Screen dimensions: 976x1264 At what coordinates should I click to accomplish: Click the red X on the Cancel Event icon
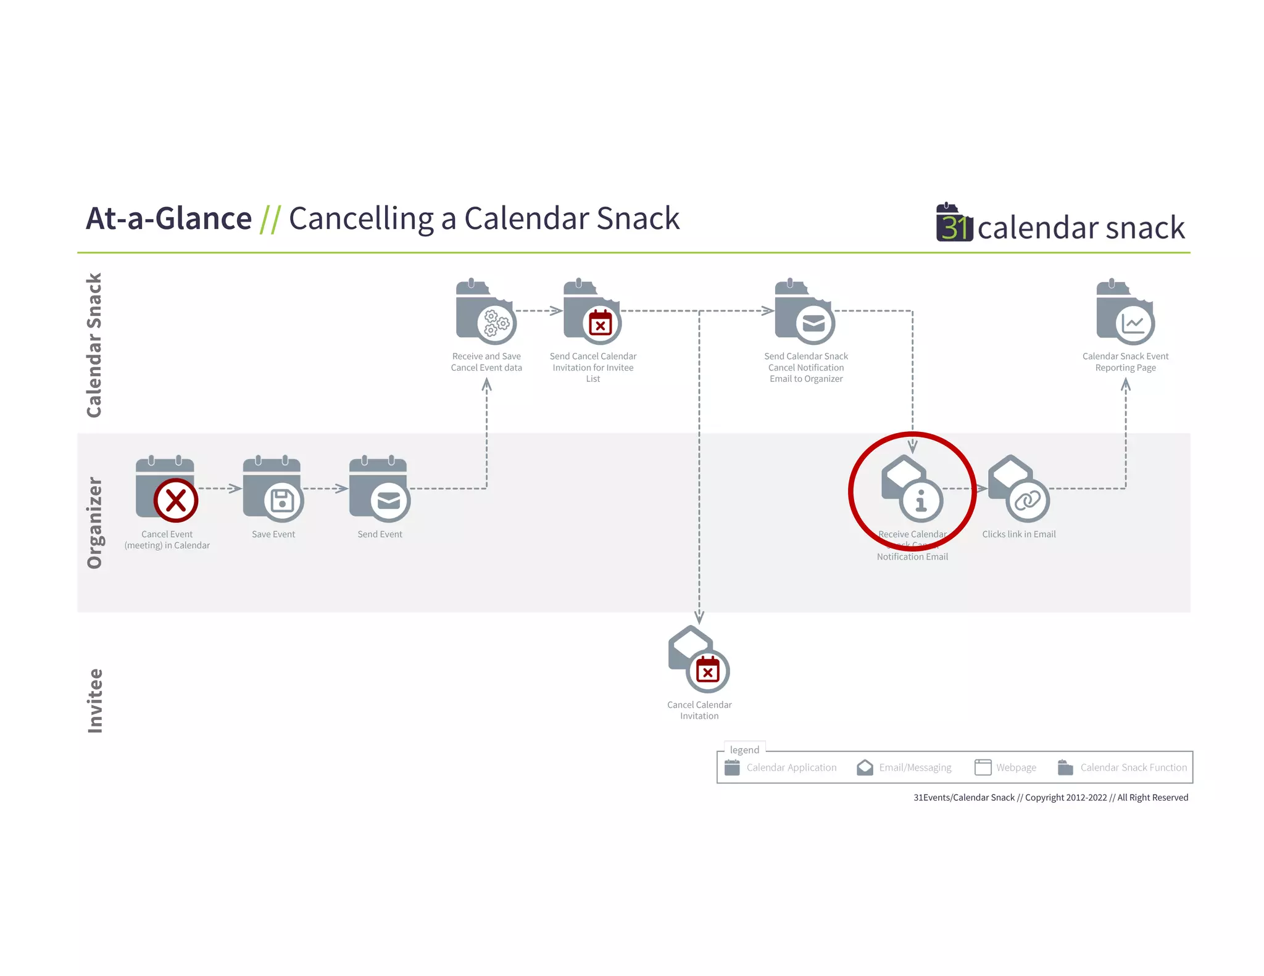[x=176, y=500]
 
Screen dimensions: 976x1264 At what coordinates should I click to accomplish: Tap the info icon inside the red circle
[x=921, y=500]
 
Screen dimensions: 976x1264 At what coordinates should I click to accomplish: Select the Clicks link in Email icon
[x=1019, y=489]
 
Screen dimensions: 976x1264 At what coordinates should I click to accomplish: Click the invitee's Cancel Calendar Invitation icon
[x=699, y=660]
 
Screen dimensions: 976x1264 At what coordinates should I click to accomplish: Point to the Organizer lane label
[x=94, y=523]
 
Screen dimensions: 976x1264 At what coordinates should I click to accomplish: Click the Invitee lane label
[x=94, y=701]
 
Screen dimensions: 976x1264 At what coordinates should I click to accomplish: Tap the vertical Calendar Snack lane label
[x=94, y=345]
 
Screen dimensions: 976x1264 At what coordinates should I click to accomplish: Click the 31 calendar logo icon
[x=954, y=223]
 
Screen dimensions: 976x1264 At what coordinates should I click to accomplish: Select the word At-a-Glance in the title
[x=169, y=218]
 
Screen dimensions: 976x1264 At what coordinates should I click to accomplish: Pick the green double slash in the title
[x=270, y=219]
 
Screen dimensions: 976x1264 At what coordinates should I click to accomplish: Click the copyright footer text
[x=1050, y=798]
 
